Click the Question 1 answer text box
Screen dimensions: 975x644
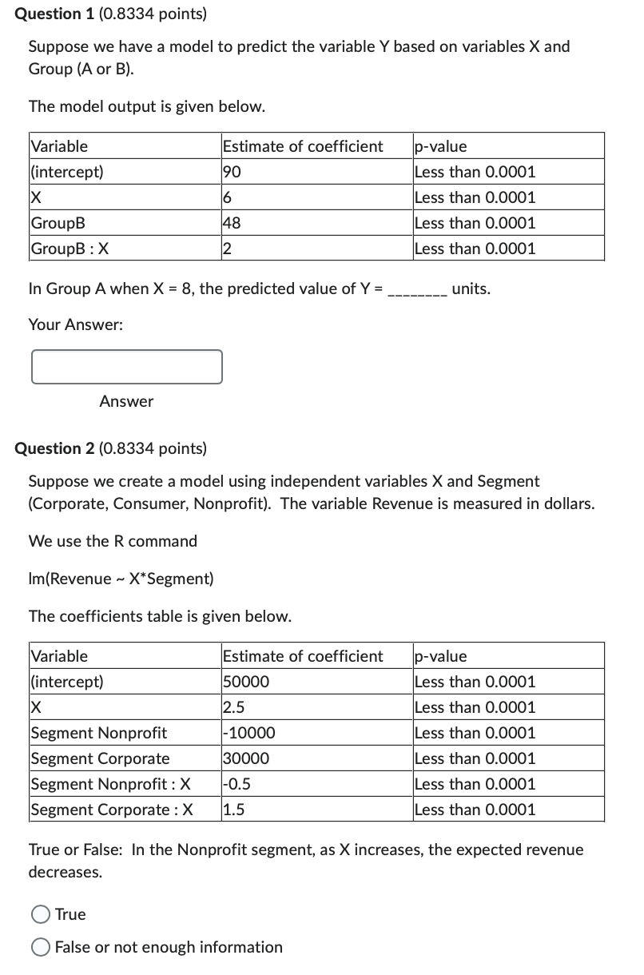[127, 367]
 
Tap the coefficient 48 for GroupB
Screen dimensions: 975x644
[233, 223]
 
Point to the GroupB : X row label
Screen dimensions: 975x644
[70, 249]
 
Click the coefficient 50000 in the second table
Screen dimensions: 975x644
[246, 682]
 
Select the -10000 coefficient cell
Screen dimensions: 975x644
[249, 733]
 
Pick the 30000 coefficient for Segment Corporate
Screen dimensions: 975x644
[246, 758]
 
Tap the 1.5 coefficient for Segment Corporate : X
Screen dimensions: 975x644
[234, 810]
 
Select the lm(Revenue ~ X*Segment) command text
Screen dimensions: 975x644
[121, 579]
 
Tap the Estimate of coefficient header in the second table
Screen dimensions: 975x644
[303, 656]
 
